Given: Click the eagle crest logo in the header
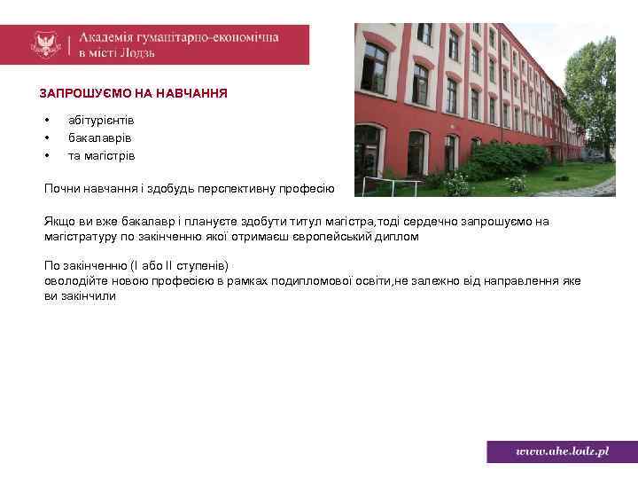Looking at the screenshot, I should coord(44,44).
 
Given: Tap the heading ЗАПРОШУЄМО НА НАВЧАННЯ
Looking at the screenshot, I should coord(133,92).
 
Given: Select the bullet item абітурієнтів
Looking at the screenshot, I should coord(101,119).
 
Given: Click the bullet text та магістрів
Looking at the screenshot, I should coord(101,156).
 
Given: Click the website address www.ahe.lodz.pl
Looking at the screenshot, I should coord(563,452).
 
